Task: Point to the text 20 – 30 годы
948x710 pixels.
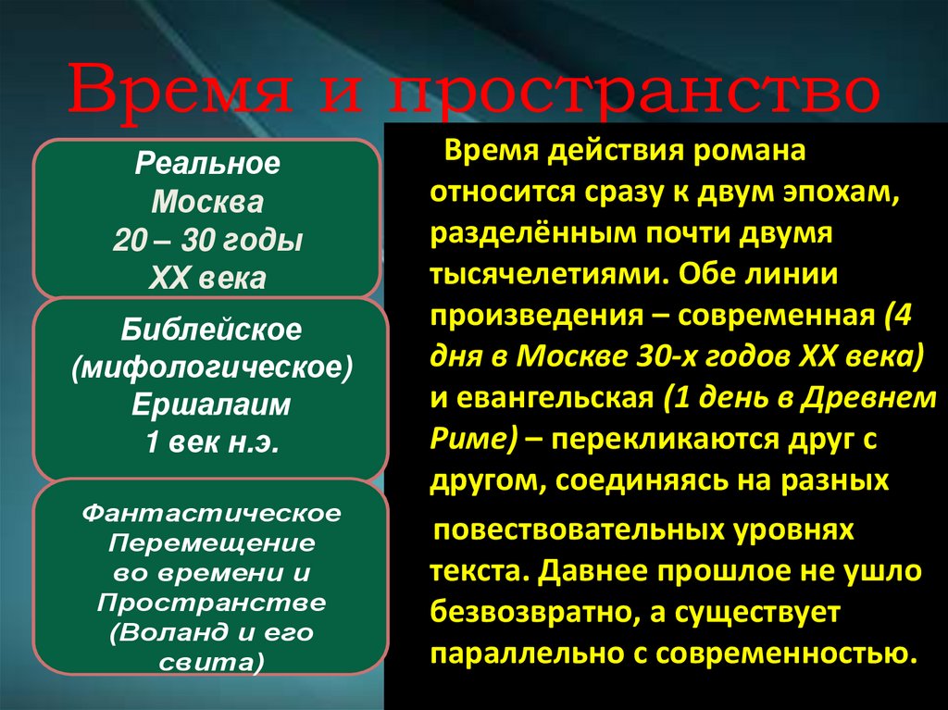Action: tap(207, 240)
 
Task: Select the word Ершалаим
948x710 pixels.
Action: tap(211, 405)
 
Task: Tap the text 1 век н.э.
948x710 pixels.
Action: tap(211, 442)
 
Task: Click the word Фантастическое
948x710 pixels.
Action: tap(212, 512)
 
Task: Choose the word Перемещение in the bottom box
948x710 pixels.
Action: tap(212, 542)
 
